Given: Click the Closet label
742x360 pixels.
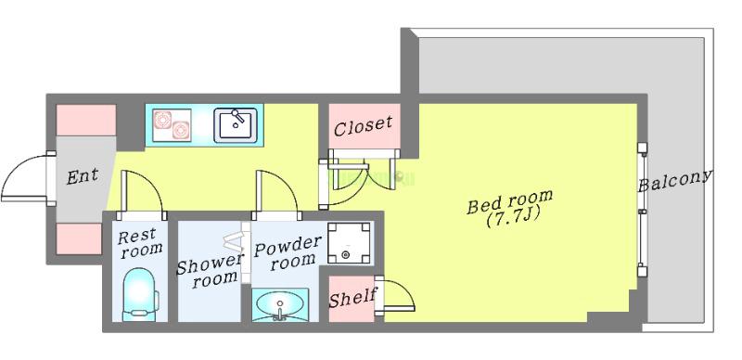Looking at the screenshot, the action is click(363, 125).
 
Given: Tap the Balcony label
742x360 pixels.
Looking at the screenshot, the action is click(675, 181).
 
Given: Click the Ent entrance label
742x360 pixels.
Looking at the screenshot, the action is click(83, 176).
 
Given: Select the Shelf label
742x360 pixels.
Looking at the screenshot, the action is click(352, 299).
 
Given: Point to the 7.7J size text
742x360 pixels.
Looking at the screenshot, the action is click(514, 217).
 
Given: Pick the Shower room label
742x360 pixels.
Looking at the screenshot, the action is click(210, 271).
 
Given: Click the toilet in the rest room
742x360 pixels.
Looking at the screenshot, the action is click(141, 295).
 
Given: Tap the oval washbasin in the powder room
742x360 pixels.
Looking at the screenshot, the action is click(280, 303).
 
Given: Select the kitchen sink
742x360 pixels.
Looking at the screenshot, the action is click(236, 125).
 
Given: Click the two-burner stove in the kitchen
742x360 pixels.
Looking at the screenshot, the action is click(173, 124).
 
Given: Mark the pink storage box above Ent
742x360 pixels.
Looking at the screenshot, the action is click(86, 121).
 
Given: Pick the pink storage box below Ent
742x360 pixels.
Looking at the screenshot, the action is click(79, 238).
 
